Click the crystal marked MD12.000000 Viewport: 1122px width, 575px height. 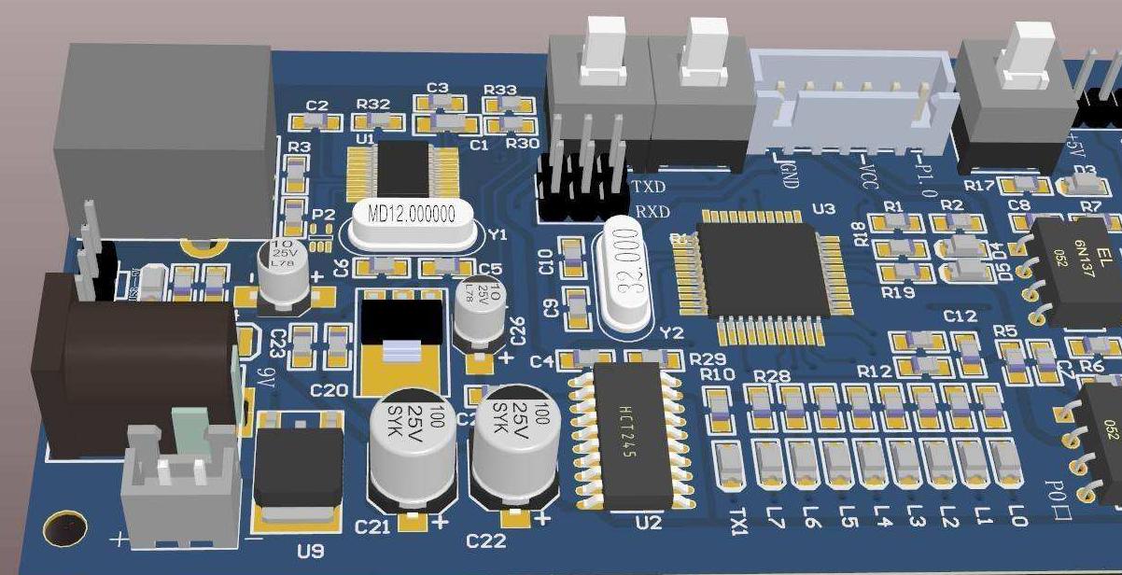(x=411, y=214)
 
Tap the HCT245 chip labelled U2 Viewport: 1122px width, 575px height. (x=632, y=434)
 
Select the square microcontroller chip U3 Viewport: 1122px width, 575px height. (x=761, y=270)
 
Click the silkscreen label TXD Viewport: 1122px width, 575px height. (x=650, y=187)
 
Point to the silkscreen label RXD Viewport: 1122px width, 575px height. (x=652, y=212)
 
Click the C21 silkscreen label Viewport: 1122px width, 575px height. (x=372, y=527)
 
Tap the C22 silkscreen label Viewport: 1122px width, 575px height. (x=485, y=540)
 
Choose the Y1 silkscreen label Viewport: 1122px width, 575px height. (x=498, y=235)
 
